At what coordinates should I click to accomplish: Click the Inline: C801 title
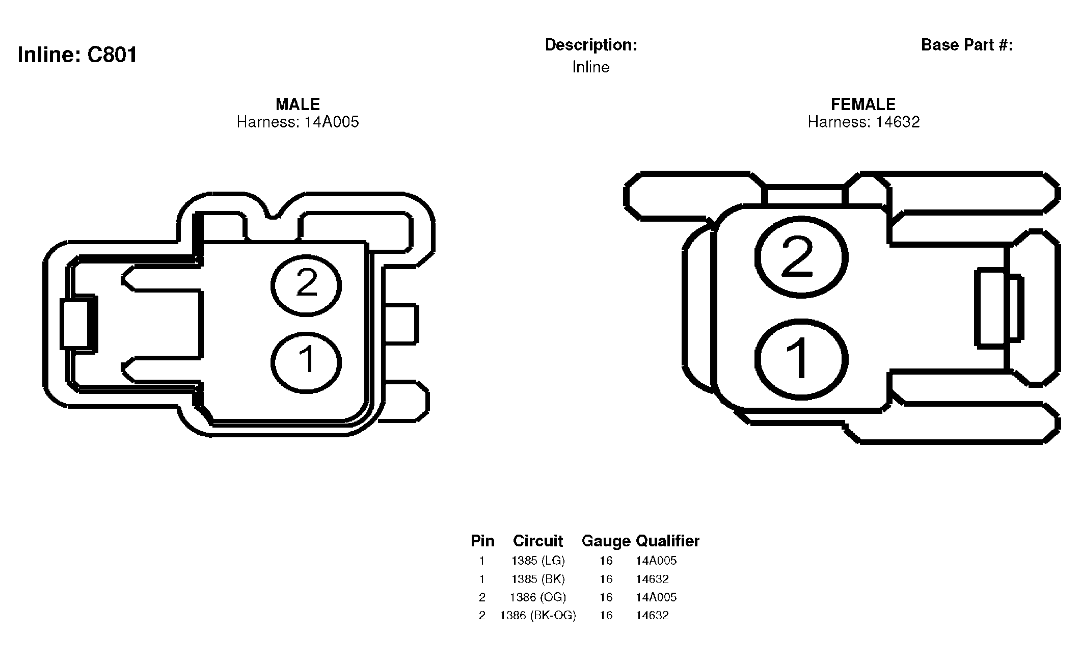click(x=77, y=55)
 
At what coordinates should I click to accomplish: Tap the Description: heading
click(x=591, y=45)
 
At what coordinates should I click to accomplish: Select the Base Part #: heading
click(x=967, y=45)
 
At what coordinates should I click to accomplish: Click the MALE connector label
click(x=298, y=104)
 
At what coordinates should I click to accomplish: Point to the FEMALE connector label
click(x=863, y=104)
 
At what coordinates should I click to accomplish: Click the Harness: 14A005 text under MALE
click(x=298, y=122)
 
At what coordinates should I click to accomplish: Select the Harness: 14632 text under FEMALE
click(x=863, y=122)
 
